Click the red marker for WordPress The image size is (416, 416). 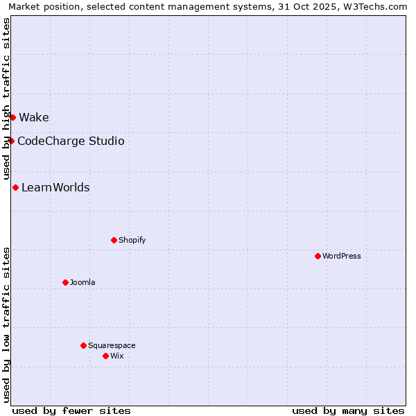click(x=318, y=256)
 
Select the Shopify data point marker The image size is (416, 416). click(x=114, y=240)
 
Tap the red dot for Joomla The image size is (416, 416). click(x=65, y=282)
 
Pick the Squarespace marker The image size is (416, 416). click(x=83, y=345)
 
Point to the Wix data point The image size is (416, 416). click(x=105, y=356)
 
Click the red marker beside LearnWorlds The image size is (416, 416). click(x=15, y=187)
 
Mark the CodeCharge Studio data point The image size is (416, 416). click(x=11, y=141)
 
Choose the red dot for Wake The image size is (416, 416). click(x=12, y=117)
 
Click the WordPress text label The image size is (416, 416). click(x=342, y=256)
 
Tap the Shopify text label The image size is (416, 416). click(x=132, y=240)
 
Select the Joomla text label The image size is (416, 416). click(x=83, y=282)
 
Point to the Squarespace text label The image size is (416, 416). click(x=112, y=345)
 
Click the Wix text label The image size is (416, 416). click(x=116, y=356)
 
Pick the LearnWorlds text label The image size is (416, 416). click(x=55, y=187)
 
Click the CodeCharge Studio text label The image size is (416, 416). click(x=71, y=141)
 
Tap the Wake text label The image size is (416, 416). click(x=34, y=117)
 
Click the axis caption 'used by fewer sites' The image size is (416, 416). click(x=71, y=410)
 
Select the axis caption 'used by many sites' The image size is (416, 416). click(x=348, y=410)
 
